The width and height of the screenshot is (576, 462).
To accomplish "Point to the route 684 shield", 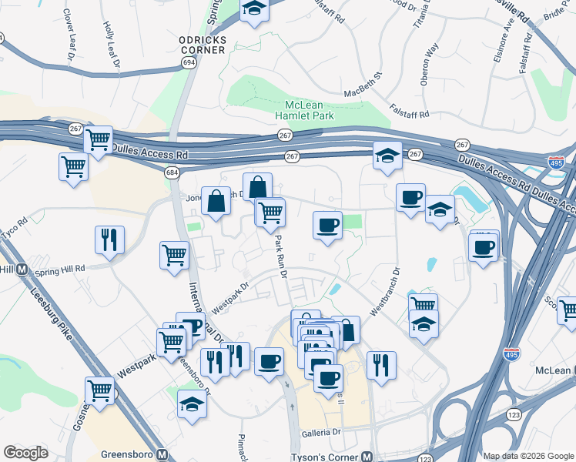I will [172, 172].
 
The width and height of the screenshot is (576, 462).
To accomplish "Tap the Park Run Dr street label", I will [280, 258].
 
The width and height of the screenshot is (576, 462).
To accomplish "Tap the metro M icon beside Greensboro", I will [162, 454].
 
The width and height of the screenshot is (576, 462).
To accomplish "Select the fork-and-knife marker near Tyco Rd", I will [109, 239].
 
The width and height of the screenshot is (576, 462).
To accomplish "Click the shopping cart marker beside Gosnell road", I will [100, 390].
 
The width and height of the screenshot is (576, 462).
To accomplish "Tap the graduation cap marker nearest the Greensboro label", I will [192, 403].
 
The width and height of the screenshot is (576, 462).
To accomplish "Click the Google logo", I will [26, 452].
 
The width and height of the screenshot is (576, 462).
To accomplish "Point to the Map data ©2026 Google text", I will [527, 455].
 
